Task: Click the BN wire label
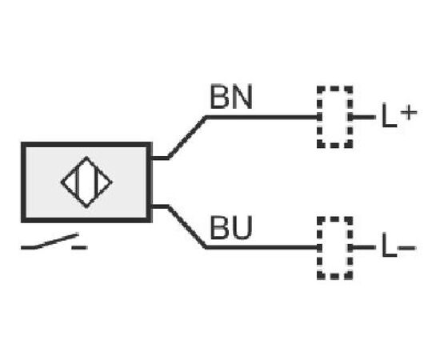[x=231, y=97]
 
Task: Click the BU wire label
[x=231, y=227]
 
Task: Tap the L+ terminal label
[x=399, y=116]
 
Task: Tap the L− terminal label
[x=398, y=247]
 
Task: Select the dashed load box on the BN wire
[x=318, y=117]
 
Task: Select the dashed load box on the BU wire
[x=318, y=248]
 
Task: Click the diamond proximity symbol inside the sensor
[x=86, y=157]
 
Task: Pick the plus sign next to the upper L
[x=409, y=113]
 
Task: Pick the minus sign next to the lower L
[x=407, y=247]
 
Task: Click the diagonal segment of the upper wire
[x=187, y=138]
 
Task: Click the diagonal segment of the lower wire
[x=187, y=227]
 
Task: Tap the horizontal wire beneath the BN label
[x=262, y=118]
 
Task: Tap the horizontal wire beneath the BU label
[x=262, y=247]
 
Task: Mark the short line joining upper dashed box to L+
[x=363, y=117]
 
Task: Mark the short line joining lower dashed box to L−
[x=363, y=247]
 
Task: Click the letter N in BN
[x=242, y=97]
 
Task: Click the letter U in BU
[x=242, y=228]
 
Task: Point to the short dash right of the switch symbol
[x=80, y=247]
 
